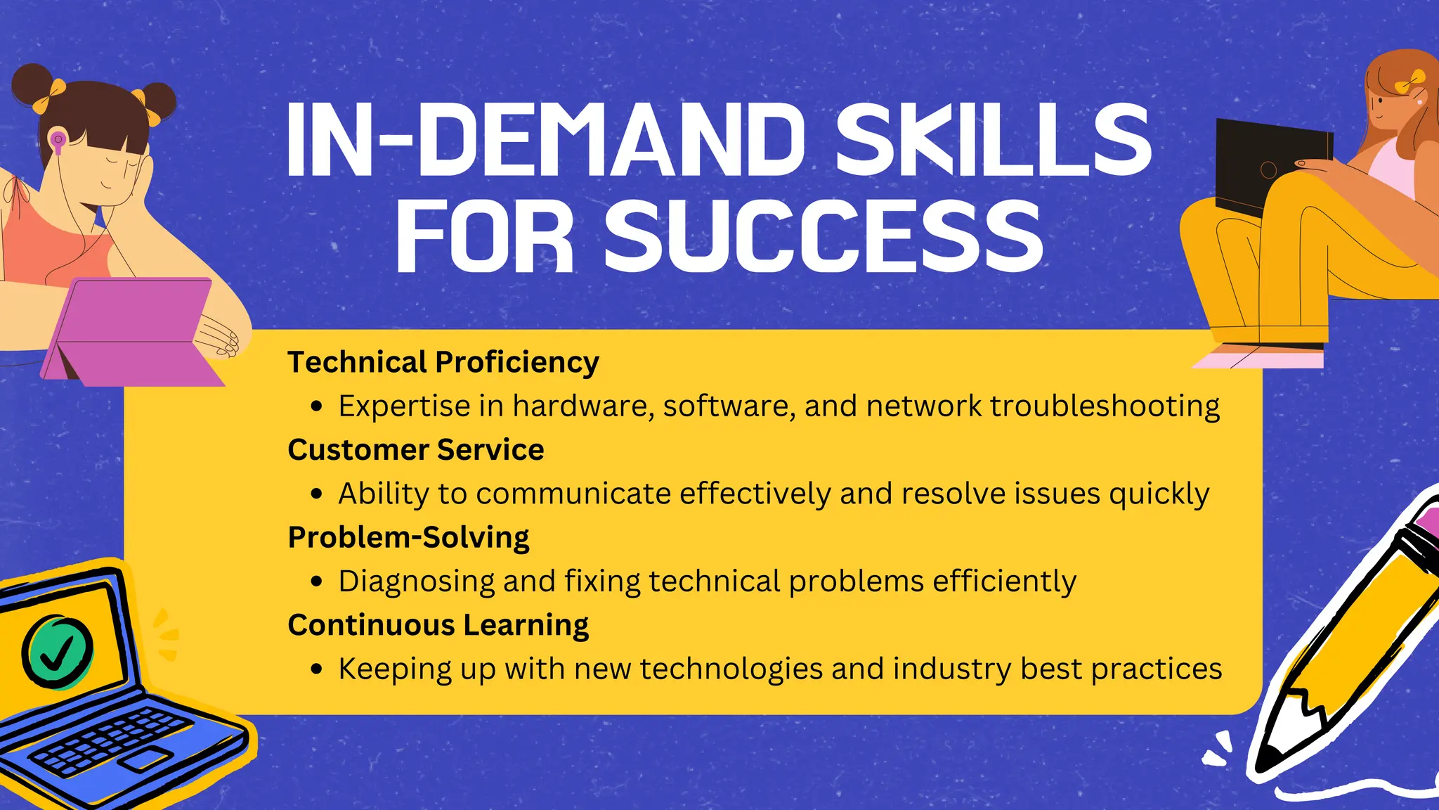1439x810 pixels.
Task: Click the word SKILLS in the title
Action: tap(993, 139)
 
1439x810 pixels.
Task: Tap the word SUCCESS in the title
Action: tap(823, 236)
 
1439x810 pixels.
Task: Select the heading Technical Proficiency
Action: tap(443, 362)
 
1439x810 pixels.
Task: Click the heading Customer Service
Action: tap(415, 450)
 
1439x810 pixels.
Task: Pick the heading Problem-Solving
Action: tap(408, 538)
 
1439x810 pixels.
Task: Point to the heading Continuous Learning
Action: tap(438, 625)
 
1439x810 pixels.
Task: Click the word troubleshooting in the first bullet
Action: tap(1105, 406)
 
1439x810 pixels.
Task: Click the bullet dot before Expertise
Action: tap(317, 406)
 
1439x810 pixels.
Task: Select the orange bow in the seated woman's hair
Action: tap(1409, 82)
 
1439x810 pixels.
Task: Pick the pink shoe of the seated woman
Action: tap(1258, 360)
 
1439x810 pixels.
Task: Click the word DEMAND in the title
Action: tap(611, 139)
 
